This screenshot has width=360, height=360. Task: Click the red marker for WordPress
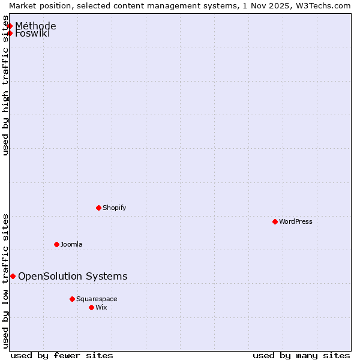point(275,221)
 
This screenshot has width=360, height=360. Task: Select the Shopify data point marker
point(98,208)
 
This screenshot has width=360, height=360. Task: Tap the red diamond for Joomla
point(56,244)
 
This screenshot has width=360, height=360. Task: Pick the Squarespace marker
point(72,299)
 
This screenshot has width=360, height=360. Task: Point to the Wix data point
point(91,307)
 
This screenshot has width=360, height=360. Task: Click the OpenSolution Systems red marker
point(13,276)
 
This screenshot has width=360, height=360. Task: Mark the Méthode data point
point(10,26)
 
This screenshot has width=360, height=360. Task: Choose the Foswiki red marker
point(10,33)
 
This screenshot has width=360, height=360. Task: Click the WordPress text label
point(296,221)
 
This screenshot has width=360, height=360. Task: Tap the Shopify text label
point(115,208)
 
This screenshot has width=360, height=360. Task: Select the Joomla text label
point(71,244)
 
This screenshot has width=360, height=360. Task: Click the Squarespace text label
point(97,299)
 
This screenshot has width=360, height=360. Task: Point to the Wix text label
point(101,307)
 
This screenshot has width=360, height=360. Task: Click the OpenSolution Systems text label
point(73,276)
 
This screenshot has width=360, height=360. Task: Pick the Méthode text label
point(36,26)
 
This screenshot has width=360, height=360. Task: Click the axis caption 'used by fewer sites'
point(62,355)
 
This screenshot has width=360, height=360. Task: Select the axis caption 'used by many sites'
point(301,355)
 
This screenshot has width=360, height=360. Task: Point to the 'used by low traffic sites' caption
point(6,280)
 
